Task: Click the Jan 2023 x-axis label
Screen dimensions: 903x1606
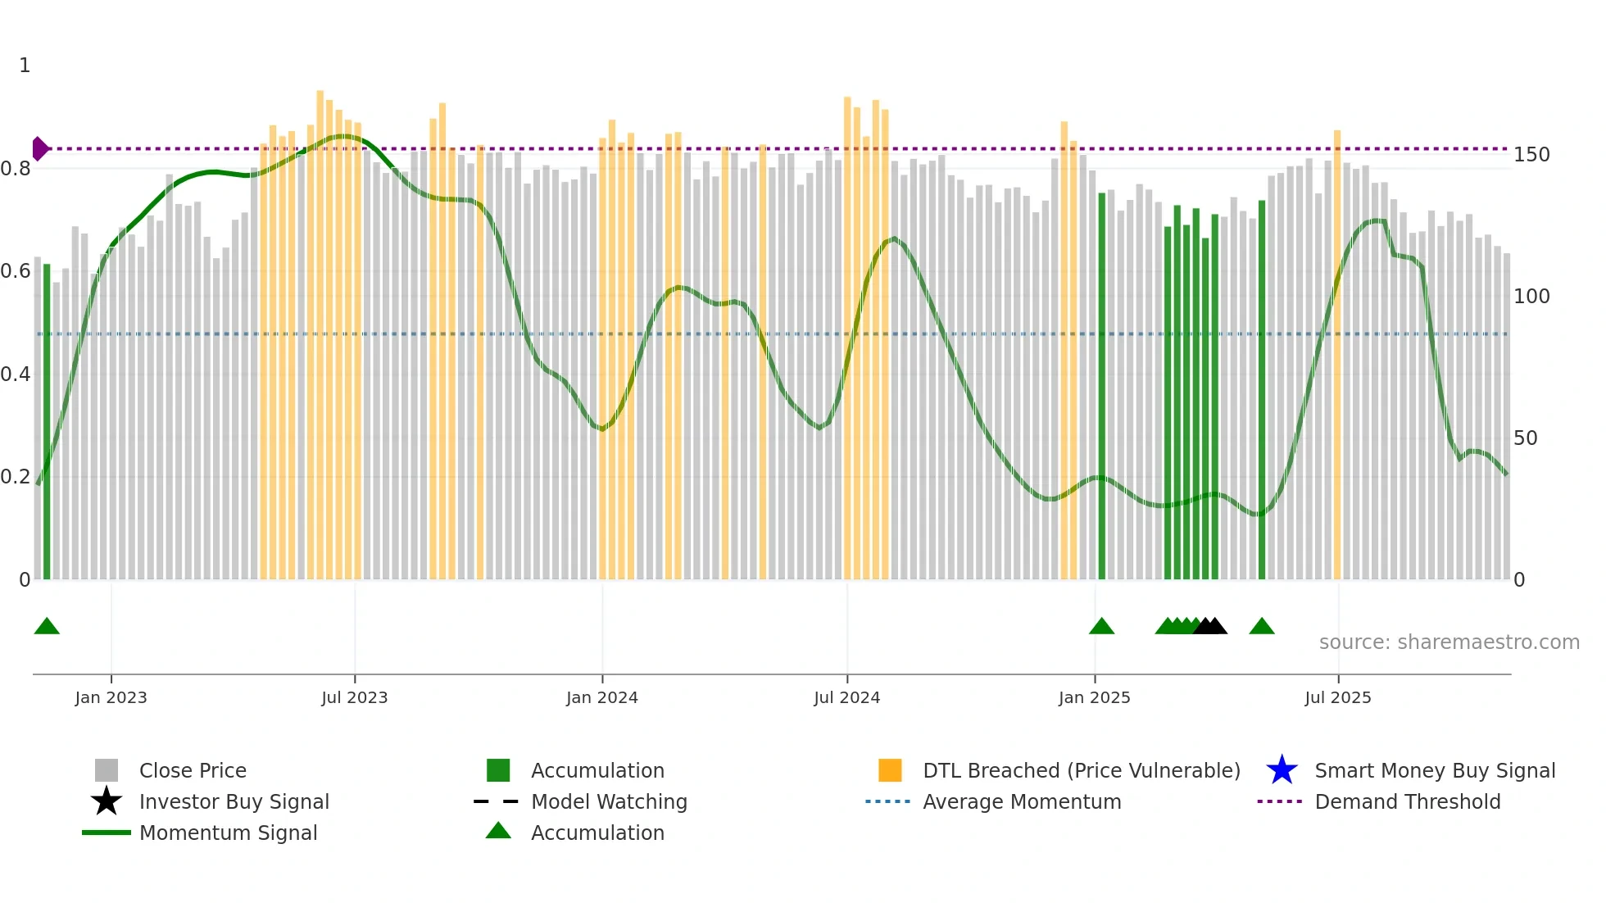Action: tap(111, 697)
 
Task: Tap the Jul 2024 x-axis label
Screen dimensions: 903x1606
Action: tap(846, 697)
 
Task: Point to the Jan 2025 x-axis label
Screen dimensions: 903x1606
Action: tap(1094, 697)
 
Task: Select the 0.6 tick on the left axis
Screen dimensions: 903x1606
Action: tap(16, 271)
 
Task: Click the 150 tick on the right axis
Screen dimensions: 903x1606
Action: tap(1531, 155)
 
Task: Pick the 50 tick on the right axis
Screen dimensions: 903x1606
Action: tap(1525, 438)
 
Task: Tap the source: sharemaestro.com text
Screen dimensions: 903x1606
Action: tap(1449, 642)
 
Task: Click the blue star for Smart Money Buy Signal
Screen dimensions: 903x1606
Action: tap(1282, 770)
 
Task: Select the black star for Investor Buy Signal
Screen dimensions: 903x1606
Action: tap(107, 801)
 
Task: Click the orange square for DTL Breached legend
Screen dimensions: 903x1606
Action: tap(890, 770)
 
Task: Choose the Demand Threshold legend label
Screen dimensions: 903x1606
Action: tap(1407, 801)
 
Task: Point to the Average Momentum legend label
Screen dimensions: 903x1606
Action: tap(1022, 801)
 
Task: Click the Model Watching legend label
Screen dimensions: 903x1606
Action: tap(609, 801)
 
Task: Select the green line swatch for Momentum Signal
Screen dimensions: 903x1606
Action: tap(107, 833)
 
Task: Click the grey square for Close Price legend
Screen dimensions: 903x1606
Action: tap(107, 770)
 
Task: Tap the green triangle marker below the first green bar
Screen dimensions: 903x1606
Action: tap(47, 627)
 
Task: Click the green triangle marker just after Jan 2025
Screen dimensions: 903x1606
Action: tap(1101, 627)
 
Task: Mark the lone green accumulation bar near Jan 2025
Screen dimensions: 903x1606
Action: tap(1101, 385)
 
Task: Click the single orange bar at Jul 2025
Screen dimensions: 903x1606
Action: tap(1337, 352)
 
